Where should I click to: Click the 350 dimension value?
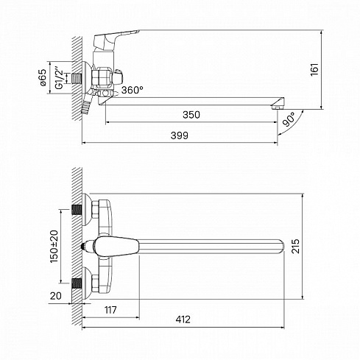point(191,115)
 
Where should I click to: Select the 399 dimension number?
point(180,135)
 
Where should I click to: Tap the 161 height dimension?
point(314,69)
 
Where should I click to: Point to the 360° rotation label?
point(133,90)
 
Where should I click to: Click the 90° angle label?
point(289,119)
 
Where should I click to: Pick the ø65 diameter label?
point(43,77)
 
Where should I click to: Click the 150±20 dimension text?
point(54,246)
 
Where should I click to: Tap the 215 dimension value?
point(295,246)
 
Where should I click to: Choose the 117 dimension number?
point(110,310)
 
